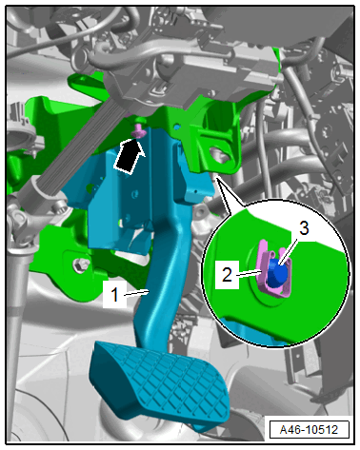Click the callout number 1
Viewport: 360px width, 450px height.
tap(114, 295)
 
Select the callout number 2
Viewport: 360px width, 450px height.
tap(227, 275)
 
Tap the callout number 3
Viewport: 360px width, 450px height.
tap(304, 228)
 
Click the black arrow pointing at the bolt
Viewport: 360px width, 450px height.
tap(130, 156)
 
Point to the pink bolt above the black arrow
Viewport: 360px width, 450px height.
tap(138, 130)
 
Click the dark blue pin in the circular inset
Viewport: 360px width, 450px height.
tap(277, 272)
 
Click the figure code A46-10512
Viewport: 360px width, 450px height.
tap(309, 429)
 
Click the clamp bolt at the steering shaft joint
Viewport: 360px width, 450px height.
tap(59, 208)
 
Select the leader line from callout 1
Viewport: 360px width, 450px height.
tap(137, 292)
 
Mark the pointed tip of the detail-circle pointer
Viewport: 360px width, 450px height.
tap(217, 179)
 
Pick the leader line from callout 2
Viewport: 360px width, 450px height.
tap(250, 273)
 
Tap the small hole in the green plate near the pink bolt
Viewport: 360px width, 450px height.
tap(177, 127)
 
